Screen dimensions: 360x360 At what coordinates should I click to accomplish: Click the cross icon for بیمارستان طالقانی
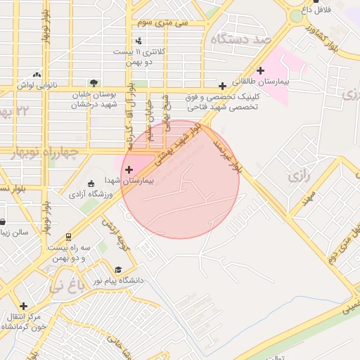click(x=260, y=70)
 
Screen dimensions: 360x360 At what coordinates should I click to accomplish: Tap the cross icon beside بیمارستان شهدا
click(x=129, y=169)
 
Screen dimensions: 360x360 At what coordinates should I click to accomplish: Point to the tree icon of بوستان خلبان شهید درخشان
click(x=94, y=82)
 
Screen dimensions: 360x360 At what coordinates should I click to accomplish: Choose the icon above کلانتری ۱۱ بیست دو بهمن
click(x=139, y=41)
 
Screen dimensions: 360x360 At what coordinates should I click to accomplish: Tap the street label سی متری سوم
click(x=164, y=23)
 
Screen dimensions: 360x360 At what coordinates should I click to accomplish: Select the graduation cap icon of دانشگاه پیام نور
click(x=118, y=269)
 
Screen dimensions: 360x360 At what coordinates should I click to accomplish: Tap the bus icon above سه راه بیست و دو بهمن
click(x=68, y=237)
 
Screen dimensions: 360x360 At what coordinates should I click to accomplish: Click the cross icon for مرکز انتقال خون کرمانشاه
click(x=24, y=306)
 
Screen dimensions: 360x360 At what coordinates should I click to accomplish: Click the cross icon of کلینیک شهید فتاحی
click(x=223, y=86)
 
